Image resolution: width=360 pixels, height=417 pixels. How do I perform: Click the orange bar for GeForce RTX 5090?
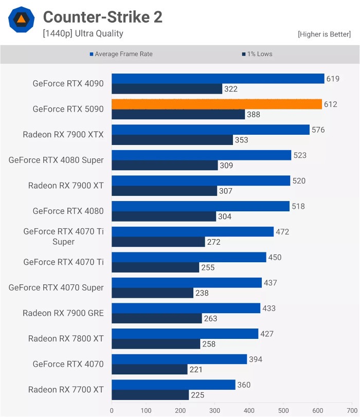[x=217, y=104]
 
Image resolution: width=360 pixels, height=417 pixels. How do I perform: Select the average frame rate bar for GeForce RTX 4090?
[x=218, y=79]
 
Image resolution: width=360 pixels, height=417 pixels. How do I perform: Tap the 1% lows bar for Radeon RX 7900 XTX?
[x=172, y=140]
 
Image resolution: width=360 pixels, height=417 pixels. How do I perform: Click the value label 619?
[x=333, y=79]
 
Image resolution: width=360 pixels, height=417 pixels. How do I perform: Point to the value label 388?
[x=254, y=115]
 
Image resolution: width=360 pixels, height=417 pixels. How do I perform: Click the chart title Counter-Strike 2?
[x=102, y=17]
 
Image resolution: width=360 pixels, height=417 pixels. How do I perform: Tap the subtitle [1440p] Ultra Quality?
[x=83, y=34]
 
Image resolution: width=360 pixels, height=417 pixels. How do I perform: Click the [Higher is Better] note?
[x=324, y=34]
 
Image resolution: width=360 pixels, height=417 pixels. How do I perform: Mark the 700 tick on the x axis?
[x=352, y=411]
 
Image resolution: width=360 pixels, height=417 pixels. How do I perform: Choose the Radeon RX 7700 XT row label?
[x=66, y=389]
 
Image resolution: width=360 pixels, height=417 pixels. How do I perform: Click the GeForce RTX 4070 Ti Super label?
[x=63, y=237]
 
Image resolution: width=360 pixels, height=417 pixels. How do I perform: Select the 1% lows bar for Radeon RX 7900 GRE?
[x=157, y=318]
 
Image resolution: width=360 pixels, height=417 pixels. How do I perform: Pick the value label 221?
[x=195, y=369]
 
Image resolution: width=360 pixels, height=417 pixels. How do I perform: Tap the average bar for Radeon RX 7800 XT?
[x=185, y=334]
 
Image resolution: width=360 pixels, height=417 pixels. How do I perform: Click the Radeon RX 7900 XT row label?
[x=66, y=186]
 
